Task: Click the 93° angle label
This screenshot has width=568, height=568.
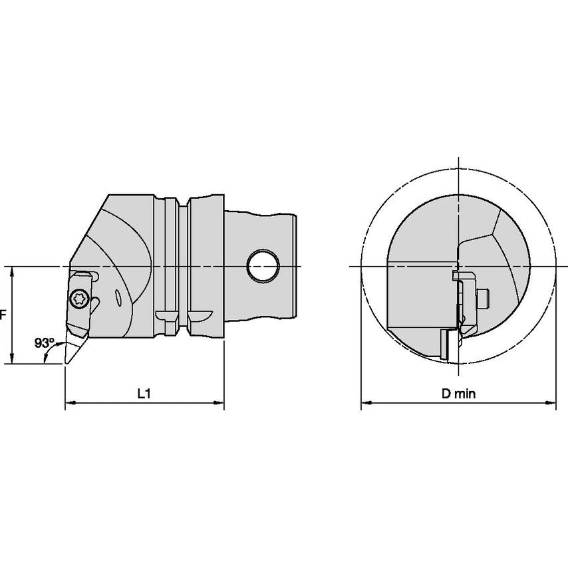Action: [x=44, y=343]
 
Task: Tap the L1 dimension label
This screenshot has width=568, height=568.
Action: [x=144, y=393]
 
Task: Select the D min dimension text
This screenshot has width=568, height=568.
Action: [x=458, y=393]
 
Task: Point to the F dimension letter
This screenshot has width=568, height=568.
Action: [x=3, y=315]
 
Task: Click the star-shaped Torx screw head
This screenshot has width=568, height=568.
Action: [x=79, y=299]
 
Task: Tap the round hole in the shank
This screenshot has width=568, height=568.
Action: [x=263, y=265]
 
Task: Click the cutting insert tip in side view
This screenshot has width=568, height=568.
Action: [x=67, y=362]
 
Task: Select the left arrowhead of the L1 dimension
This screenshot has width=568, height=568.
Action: [x=71, y=402]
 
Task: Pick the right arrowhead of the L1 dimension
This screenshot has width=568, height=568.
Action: [x=219, y=402]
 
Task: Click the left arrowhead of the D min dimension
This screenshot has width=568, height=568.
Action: [x=366, y=402]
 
